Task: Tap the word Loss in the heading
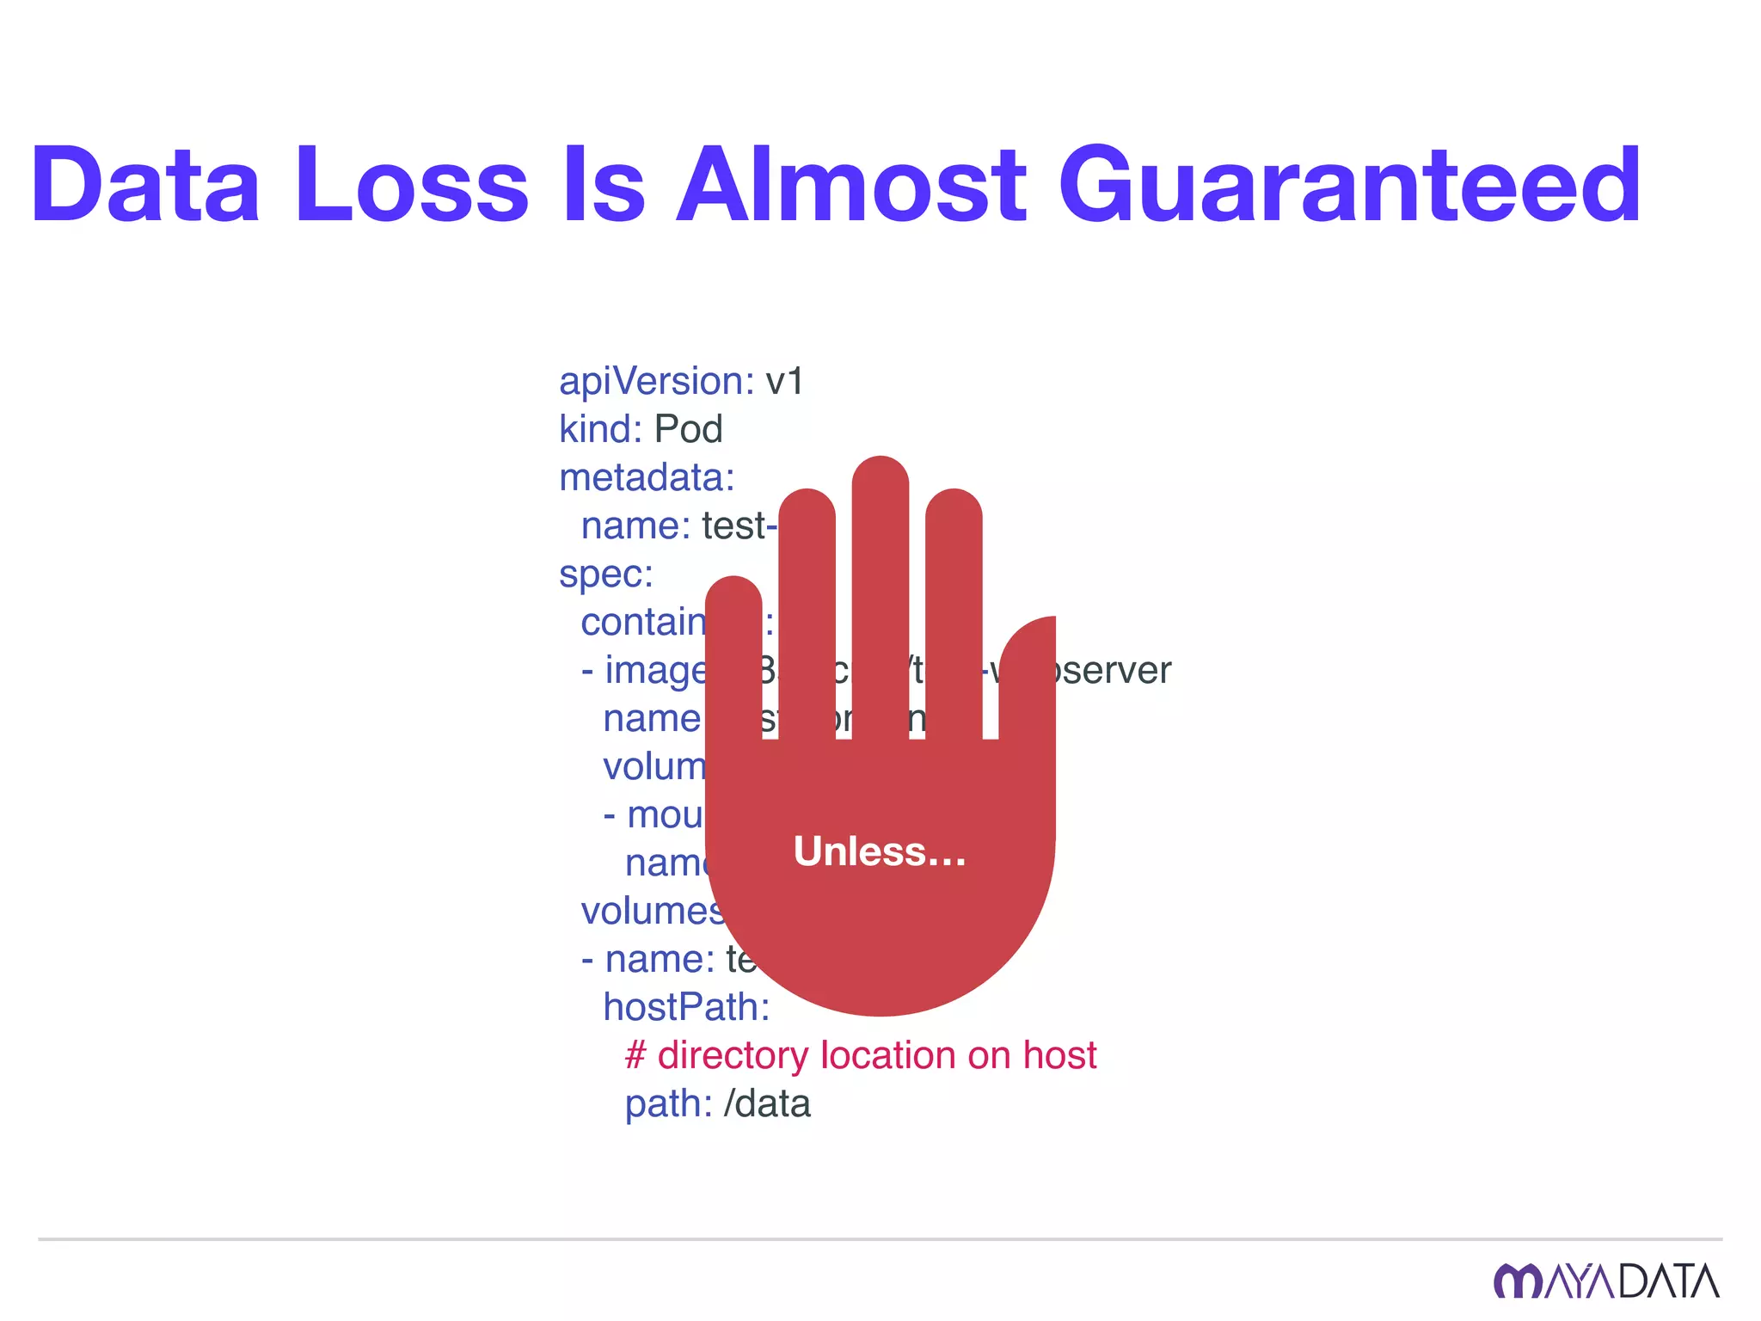pyautogui.click(x=411, y=185)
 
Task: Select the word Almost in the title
pyautogui.click(x=850, y=185)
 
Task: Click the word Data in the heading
pyautogui.click(x=145, y=185)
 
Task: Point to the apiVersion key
pyautogui.click(x=656, y=381)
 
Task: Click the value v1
pyautogui.click(x=784, y=381)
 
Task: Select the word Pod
pyautogui.click(x=688, y=429)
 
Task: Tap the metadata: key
pyautogui.click(x=647, y=477)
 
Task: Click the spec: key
pyautogui.click(x=606, y=574)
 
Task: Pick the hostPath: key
pyautogui.click(x=686, y=1007)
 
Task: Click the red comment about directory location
pyautogui.click(x=861, y=1055)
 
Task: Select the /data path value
pyautogui.click(x=767, y=1103)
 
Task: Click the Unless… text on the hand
pyautogui.click(x=880, y=851)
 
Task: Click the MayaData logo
pyautogui.click(x=1606, y=1281)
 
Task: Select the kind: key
pyautogui.click(x=600, y=429)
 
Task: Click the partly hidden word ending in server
pyautogui.click(x=1114, y=670)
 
